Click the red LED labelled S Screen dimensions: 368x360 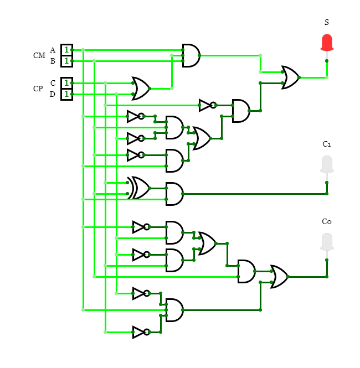click(327, 42)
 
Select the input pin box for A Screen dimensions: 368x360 click(66, 50)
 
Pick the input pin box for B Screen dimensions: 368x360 click(66, 61)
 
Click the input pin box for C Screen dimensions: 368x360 click(66, 83)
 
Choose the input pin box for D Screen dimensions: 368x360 click(66, 94)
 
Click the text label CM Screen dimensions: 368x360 click(39, 55)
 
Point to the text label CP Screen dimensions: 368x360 click(38, 89)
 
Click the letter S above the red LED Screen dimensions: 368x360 click(327, 22)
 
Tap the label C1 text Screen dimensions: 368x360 click(327, 144)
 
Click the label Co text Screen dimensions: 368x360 click(327, 221)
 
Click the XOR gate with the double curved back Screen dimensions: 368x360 click(139, 188)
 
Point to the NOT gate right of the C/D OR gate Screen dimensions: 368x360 click(207, 105)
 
